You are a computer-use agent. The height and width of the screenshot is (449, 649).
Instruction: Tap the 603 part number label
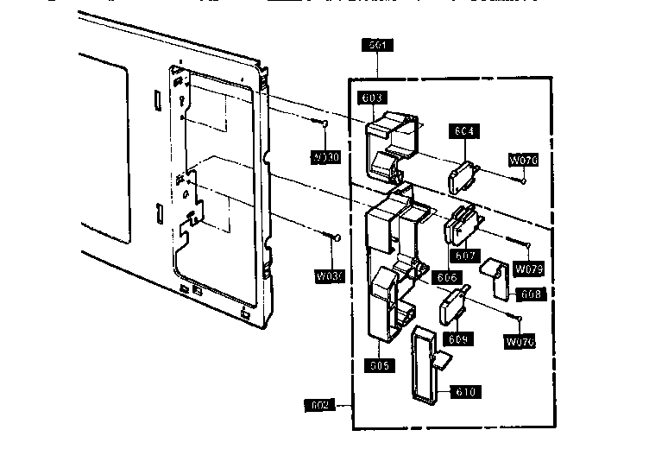[374, 98]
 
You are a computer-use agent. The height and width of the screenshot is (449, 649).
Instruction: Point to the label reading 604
[464, 131]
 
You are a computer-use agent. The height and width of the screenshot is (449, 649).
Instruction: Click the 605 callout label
[379, 365]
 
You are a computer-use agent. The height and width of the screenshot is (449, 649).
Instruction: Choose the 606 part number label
[445, 277]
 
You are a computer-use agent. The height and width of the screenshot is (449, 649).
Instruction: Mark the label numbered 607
[465, 256]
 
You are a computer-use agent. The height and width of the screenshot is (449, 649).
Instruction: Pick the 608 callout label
[531, 294]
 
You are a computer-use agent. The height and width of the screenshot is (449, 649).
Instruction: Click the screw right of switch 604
[523, 180]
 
